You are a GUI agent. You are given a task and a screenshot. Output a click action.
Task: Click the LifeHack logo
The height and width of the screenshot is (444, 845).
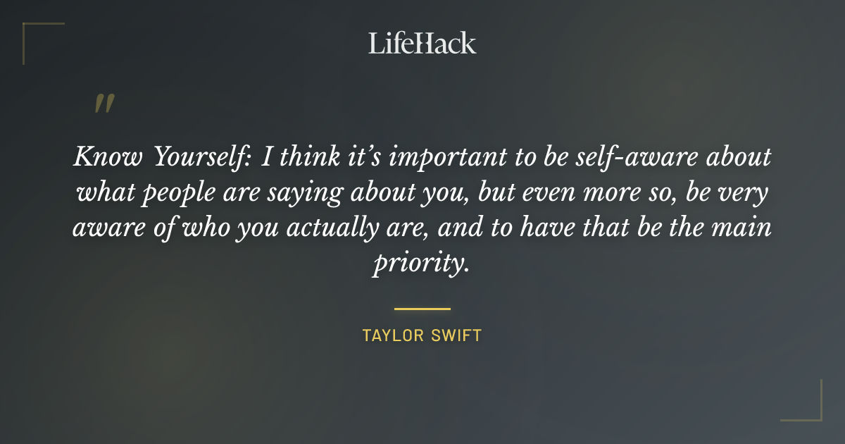tap(423, 43)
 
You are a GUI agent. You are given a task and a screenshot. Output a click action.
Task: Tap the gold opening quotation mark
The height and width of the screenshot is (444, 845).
tap(104, 104)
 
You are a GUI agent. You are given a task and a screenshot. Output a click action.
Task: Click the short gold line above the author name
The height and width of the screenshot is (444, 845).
tap(423, 309)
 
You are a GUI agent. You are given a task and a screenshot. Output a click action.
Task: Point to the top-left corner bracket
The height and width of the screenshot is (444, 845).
tap(32, 32)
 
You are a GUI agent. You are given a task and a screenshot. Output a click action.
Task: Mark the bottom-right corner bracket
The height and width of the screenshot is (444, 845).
tap(812, 412)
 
